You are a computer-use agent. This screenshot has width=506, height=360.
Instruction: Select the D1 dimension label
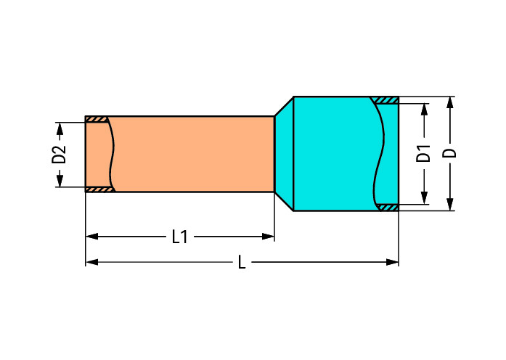424,154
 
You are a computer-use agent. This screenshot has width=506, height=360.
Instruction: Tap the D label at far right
451,153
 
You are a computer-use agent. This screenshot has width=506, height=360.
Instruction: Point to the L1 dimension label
179,237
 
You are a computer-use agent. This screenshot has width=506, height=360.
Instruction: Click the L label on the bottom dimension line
242,262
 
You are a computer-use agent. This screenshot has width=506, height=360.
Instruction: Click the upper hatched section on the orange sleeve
97,119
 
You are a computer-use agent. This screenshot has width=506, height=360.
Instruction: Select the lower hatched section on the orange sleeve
99,189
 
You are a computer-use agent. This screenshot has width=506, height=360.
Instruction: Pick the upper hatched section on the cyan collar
385,100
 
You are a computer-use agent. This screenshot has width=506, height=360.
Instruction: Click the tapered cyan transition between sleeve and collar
284,154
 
